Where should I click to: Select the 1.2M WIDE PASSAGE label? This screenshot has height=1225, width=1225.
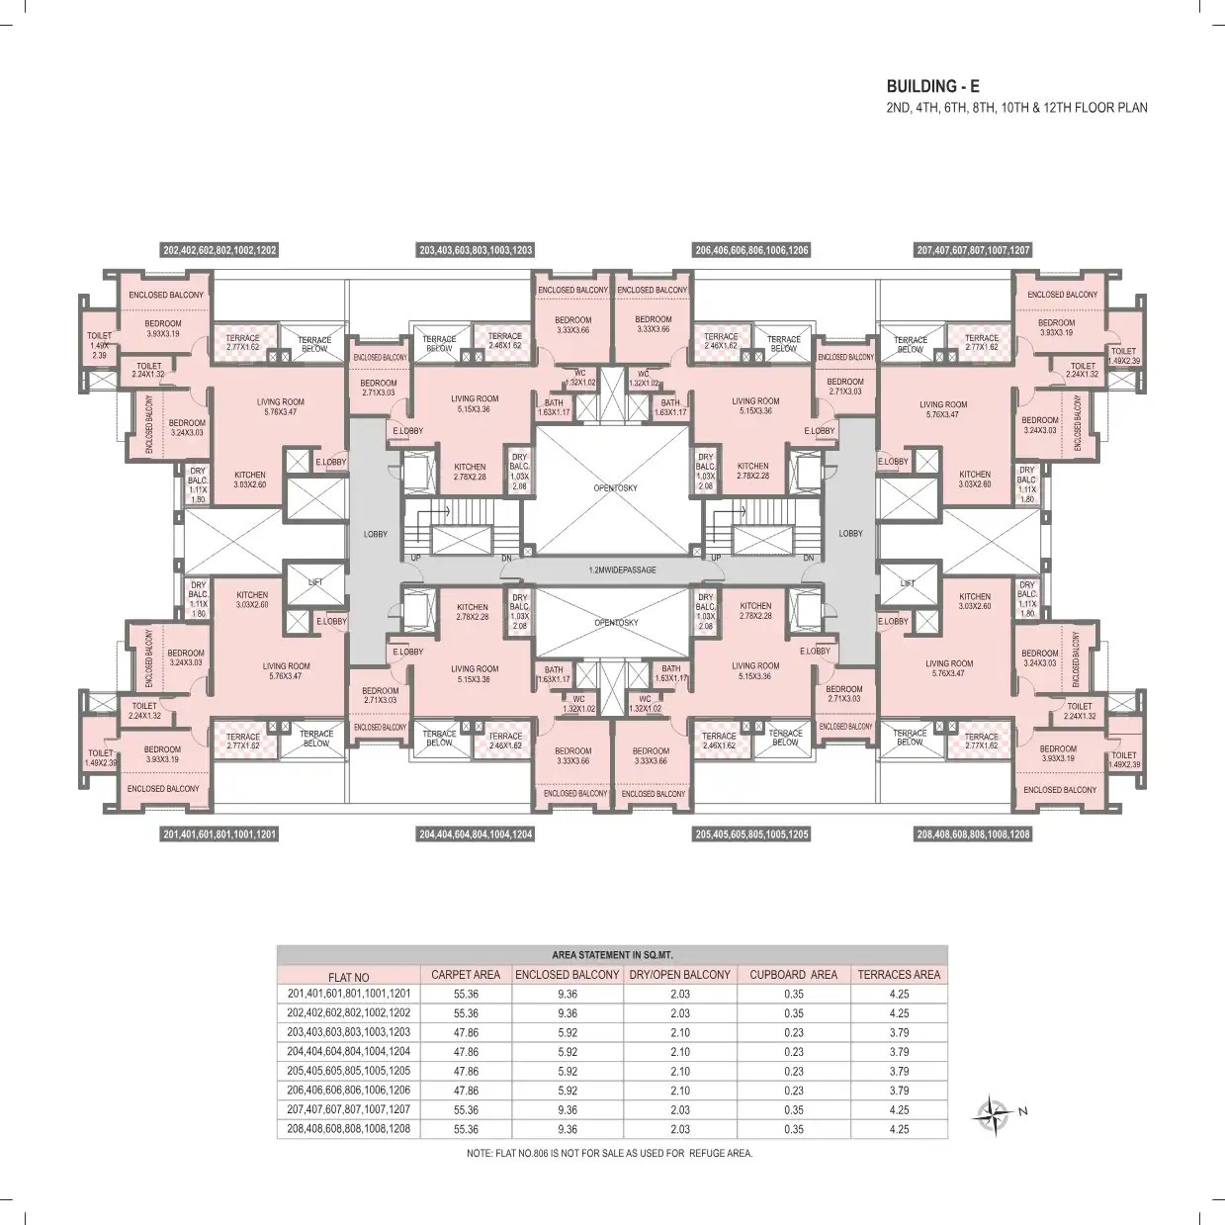pyautogui.click(x=622, y=570)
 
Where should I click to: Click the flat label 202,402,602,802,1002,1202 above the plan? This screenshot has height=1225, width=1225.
pyautogui.click(x=219, y=250)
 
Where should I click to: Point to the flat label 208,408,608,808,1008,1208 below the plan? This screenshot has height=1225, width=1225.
pyautogui.click(x=973, y=834)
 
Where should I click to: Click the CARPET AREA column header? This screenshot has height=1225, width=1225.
pyautogui.click(x=466, y=975)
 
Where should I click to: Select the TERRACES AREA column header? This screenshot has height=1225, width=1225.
pyautogui.click(x=898, y=975)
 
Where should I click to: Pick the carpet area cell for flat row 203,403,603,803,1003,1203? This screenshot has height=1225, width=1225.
pyautogui.click(x=466, y=1032)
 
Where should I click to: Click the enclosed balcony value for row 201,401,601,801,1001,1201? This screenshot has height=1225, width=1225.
pyautogui.click(x=567, y=994)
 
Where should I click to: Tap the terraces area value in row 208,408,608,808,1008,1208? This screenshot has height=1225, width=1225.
pyautogui.click(x=898, y=1129)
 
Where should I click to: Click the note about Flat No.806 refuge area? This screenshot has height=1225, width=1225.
pyautogui.click(x=609, y=1154)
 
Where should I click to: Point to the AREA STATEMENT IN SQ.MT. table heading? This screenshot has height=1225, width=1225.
pyautogui.click(x=611, y=955)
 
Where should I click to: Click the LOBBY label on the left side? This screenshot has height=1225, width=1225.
pyautogui.click(x=376, y=535)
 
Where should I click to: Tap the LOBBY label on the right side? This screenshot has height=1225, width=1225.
pyautogui.click(x=850, y=534)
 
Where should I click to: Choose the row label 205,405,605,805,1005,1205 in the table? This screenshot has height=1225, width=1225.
pyautogui.click(x=349, y=1071)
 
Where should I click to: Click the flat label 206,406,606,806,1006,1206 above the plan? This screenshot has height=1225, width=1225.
pyautogui.click(x=751, y=250)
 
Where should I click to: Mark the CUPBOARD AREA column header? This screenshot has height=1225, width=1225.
pyautogui.click(x=793, y=975)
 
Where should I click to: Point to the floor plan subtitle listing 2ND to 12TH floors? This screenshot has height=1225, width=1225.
pyautogui.click(x=1016, y=108)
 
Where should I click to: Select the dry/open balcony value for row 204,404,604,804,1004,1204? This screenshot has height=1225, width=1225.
pyautogui.click(x=679, y=1052)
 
